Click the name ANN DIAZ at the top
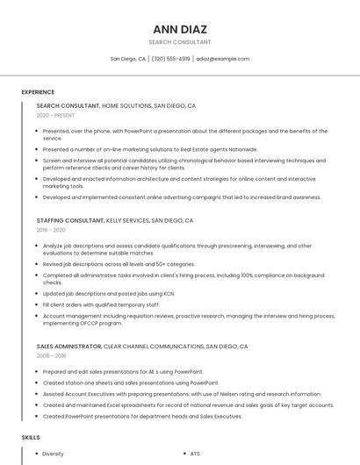(180, 29)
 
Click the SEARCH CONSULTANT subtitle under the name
(180, 41)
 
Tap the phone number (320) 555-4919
(170, 59)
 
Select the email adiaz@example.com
(223, 59)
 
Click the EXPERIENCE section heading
(38, 92)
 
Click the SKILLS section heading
(31, 437)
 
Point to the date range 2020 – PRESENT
(56, 116)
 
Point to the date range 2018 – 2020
(51, 231)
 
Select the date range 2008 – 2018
(51, 356)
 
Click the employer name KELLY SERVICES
(126, 221)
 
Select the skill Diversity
(53, 454)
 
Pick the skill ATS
(195, 454)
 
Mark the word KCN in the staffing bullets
(169, 293)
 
